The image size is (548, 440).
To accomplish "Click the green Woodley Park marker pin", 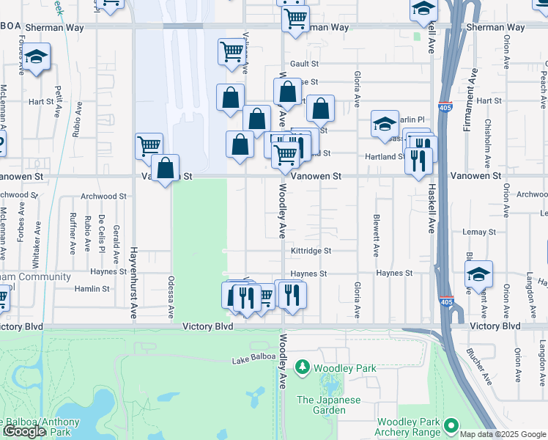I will click(x=302, y=366).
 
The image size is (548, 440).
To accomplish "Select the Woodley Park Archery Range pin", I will click(x=451, y=425).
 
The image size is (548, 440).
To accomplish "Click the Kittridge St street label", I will click(x=311, y=251).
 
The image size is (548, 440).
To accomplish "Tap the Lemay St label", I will click(x=480, y=232).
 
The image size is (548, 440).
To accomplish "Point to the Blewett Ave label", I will click(x=376, y=235).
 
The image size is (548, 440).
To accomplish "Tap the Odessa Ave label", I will click(x=171, y=297).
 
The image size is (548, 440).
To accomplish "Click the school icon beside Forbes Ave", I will click(x=34, y=59).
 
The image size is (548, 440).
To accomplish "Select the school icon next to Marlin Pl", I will click(x=384, y=124).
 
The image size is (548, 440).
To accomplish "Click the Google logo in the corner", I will click(x=24, y=432).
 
